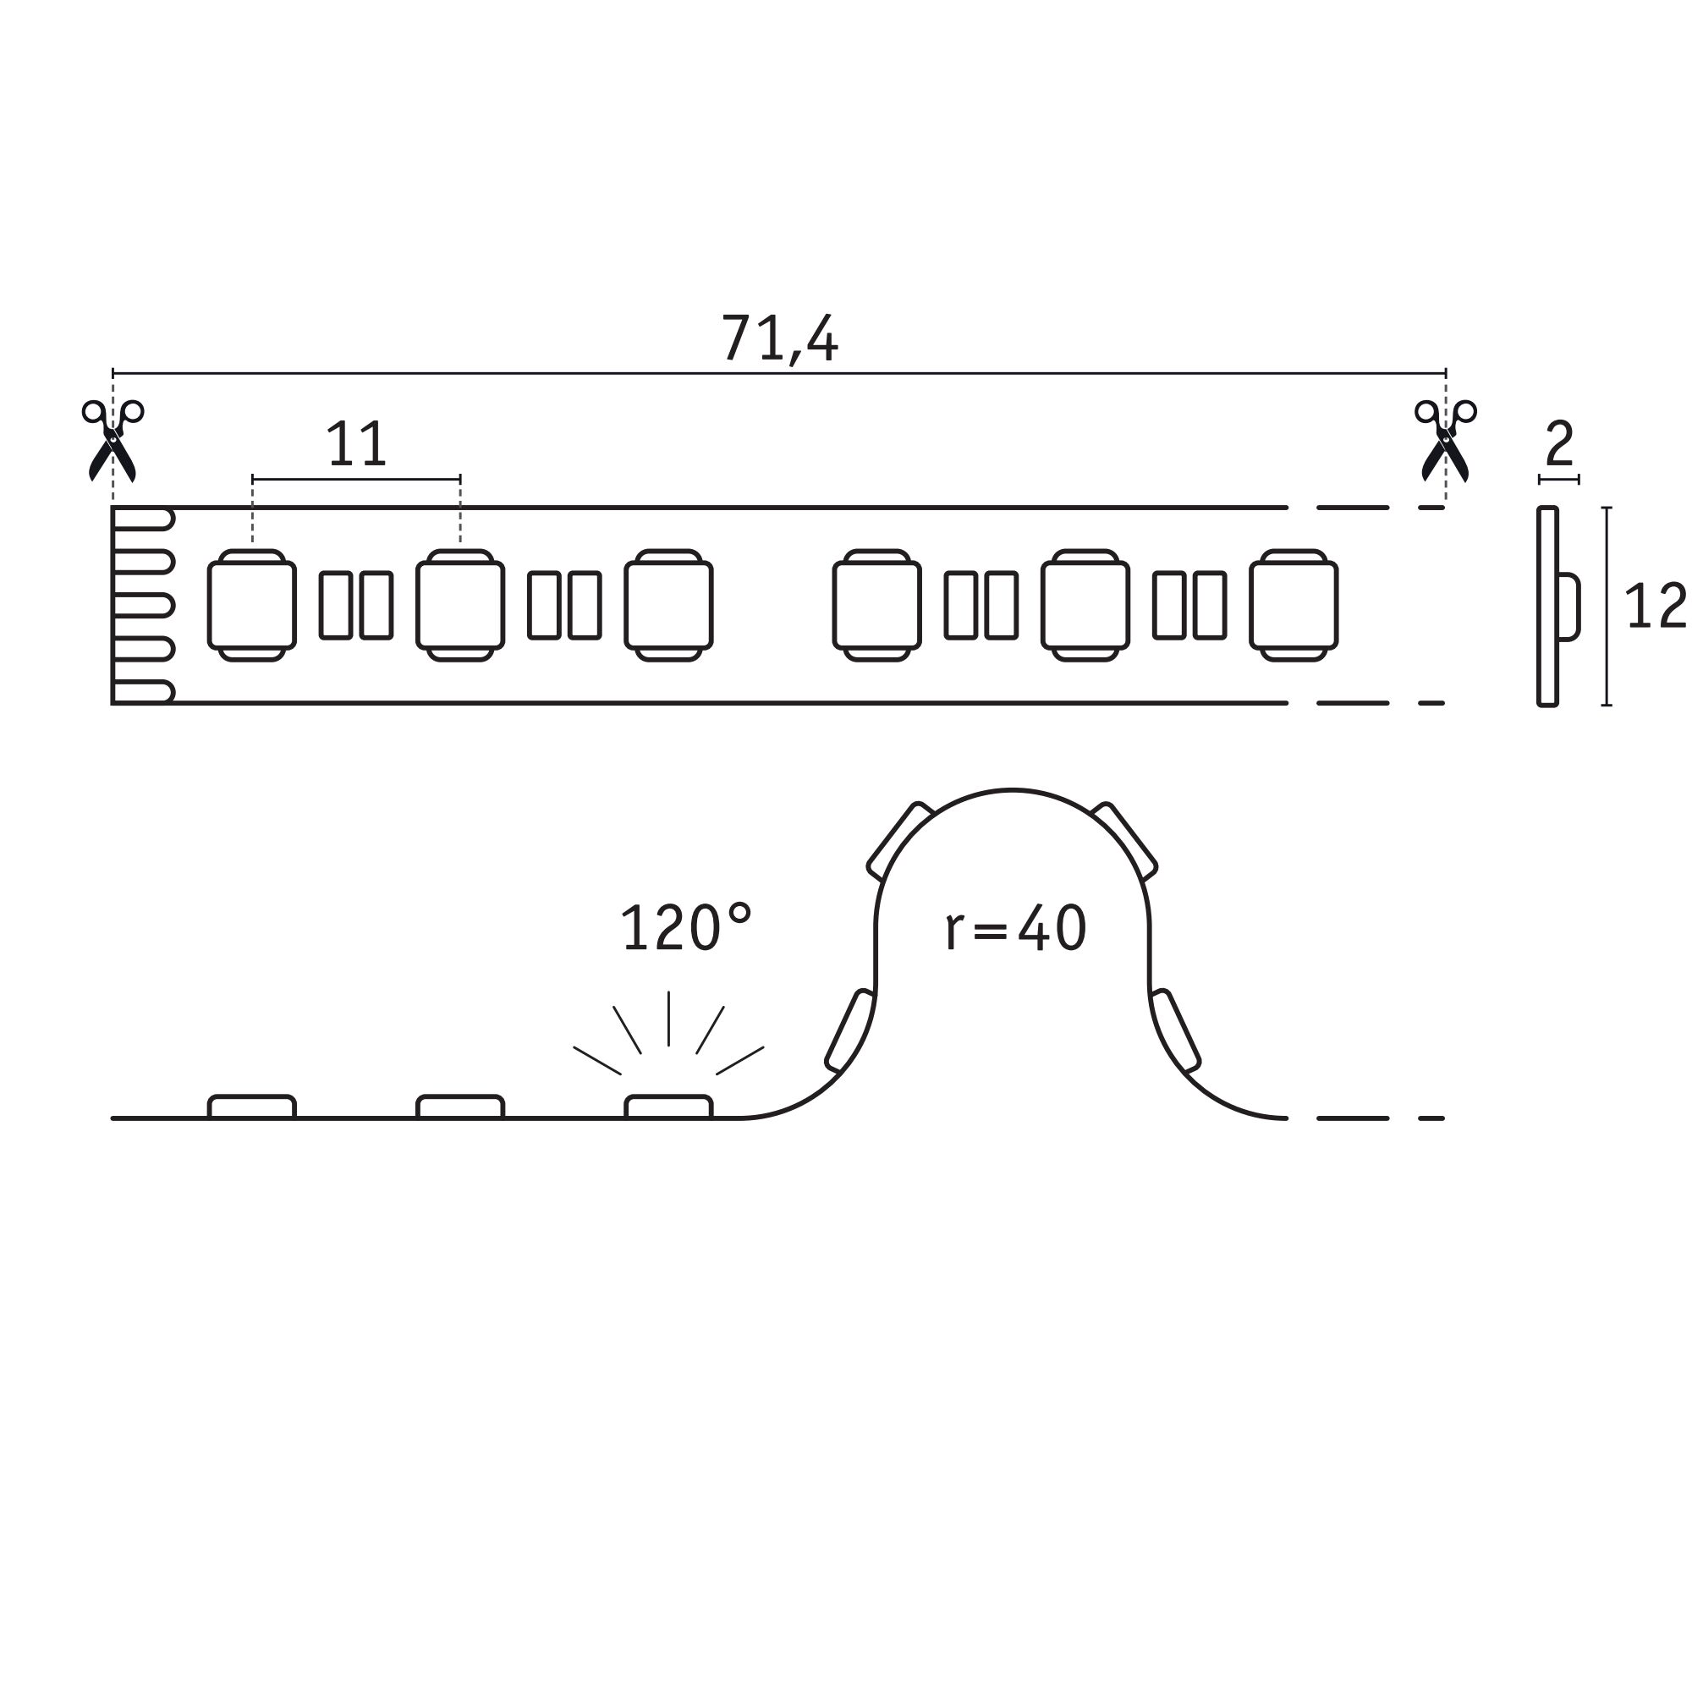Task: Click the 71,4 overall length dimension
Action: pyautogui.click(x=779, y=338)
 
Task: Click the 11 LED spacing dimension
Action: pyautogui.click(x=355, y=444)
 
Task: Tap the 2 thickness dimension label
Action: pyautogui.click(x=1559, y=444)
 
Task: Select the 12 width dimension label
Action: pyautogui.click(x=1654, y=606)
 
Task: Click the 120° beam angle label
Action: pyautogui.click(x=686, y=928)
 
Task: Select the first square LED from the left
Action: pyautogui.click(x=252, y=605)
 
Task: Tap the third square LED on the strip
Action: pyautogui.click(x=668, y=605)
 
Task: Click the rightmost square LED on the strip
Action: pyautogui.click(x=1294, y=605)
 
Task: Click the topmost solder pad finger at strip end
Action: pyautogui.click(x=143, y=519)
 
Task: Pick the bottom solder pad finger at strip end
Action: pyautogui.click(x=143, y=692)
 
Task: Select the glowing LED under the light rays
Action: pyautogui.click(x=668, y=1107)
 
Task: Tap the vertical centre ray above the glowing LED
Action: pyautogui.click(x=668, y=1018)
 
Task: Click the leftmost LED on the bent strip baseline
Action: pyautogui.click(x=252, y=1107)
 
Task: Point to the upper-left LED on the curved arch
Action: pyautogui.click(x=898, y=842)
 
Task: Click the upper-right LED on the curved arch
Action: pyautogui.click(x=1125, y=842)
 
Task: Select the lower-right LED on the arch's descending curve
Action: pyautogui.click(x=1175, y=1030)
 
